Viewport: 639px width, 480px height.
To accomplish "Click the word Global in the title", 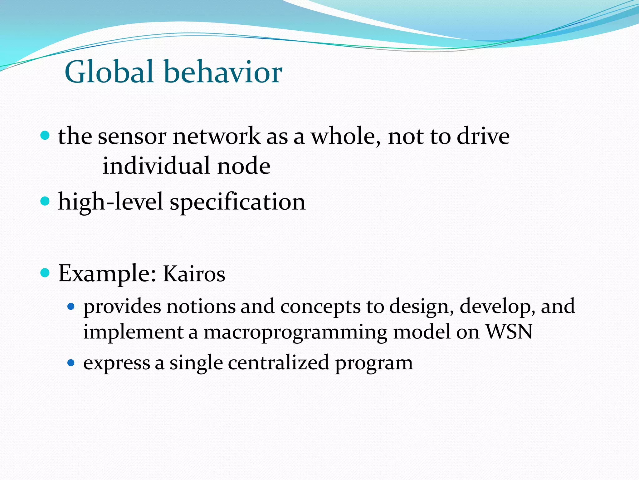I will coord(109,72).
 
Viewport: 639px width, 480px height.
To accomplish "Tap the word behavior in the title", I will coord(223,72).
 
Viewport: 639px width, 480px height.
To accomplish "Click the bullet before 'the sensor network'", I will coord(45,136).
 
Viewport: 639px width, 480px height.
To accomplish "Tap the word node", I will coord(244,166).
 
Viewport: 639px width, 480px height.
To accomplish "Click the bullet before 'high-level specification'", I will coord(45,201).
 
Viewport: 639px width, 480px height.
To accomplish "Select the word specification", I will coord(237,202).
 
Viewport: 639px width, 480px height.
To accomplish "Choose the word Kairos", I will coord(194,274).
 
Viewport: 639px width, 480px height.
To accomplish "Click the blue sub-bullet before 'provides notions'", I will coord(71,306).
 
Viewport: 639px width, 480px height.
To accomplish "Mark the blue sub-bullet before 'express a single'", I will coord(71,363).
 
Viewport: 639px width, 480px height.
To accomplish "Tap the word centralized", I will coord(278,362).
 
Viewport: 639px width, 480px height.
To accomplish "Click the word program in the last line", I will coord(374,364).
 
